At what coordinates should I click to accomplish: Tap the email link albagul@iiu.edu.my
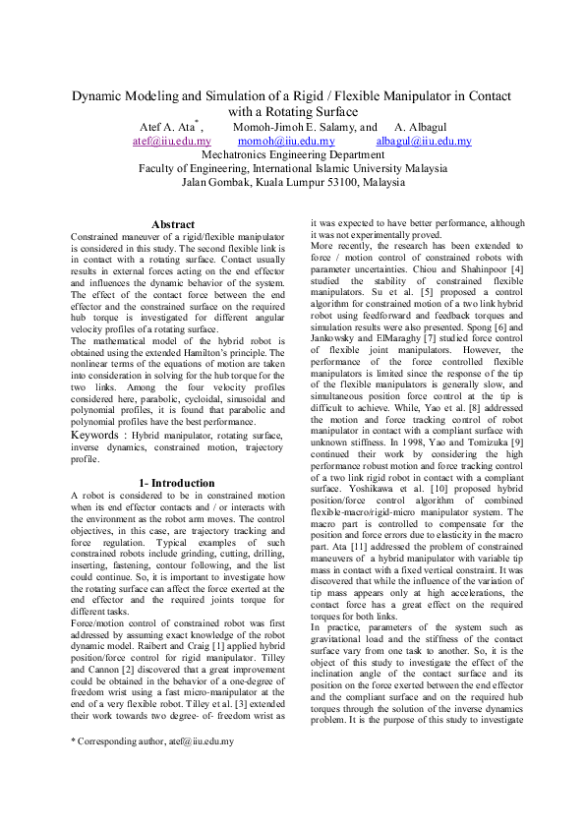(x=424, y=142)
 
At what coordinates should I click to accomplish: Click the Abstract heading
(x=173, y=225)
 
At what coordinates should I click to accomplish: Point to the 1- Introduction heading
(x=176, y=483)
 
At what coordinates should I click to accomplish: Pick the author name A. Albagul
(x=428, y=127)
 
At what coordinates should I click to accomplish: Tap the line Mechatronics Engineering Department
(x=293, y=154)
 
